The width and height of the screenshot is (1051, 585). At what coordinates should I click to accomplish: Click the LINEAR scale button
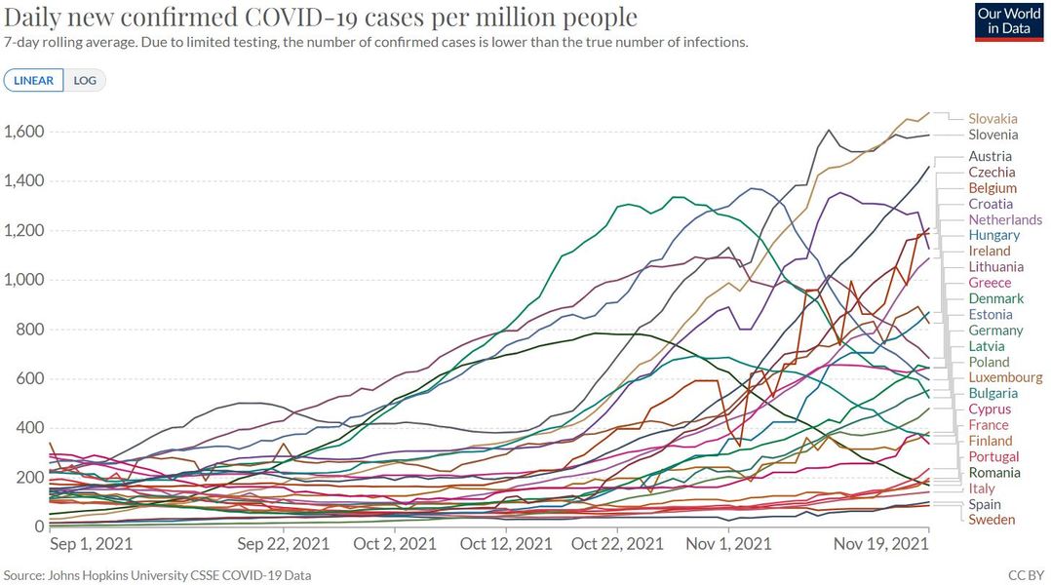(34, 80)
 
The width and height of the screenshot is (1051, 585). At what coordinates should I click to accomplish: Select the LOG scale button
(86, 80)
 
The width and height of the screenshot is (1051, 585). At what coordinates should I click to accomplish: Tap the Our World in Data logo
(1009, 21)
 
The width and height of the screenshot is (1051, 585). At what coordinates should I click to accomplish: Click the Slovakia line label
(993, 119)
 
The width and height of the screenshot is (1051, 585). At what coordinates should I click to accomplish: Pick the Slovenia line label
(993, 135)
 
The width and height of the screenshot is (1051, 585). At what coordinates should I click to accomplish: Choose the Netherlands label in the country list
(1005, 219)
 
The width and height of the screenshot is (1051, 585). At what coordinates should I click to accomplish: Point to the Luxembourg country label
(1005, 377)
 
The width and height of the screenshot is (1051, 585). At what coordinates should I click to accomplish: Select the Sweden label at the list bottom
(992, 520)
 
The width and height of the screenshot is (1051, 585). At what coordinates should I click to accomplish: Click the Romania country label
(994, 473)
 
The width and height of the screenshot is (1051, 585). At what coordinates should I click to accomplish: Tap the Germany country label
(995, 331)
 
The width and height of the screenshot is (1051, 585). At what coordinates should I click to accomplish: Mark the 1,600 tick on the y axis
(23, 133)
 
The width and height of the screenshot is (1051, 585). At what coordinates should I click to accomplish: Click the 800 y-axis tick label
(29, 330)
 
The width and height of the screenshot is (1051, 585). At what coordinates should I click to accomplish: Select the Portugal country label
(993, 456)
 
